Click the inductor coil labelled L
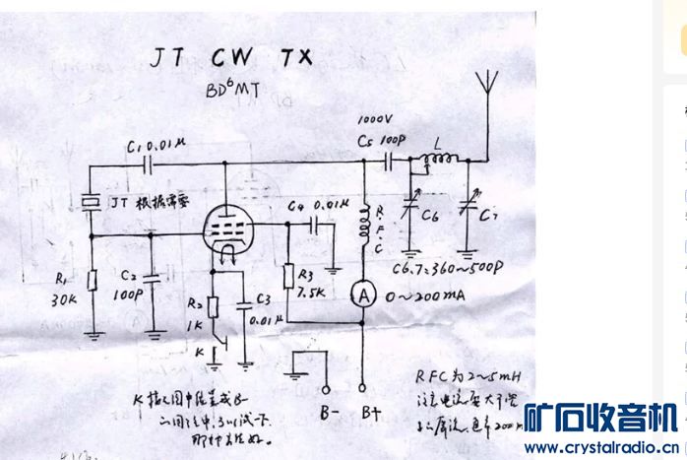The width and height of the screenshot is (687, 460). click(439, 160)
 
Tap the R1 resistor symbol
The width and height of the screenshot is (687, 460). click(92, 280)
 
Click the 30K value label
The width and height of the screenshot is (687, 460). click(65, 299)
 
